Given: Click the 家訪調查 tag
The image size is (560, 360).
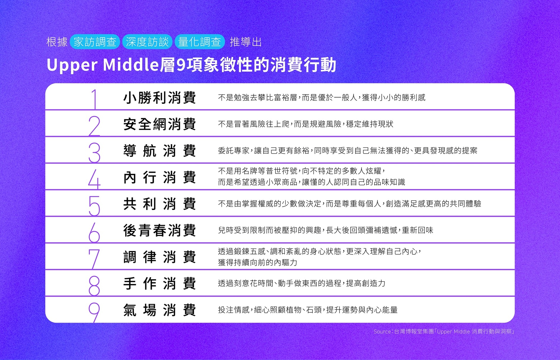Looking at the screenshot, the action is pos(95,42).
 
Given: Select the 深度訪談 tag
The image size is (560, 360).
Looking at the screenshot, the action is pos(147,42).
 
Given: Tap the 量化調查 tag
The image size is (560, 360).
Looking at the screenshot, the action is pos(200,42).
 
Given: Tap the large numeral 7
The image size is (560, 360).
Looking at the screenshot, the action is pos(94,259).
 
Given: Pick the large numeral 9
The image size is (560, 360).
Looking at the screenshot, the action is pos(94,312).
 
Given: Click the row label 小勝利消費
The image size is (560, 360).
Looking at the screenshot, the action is pos(159,97).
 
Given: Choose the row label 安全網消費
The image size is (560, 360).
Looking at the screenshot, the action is pos(159,124).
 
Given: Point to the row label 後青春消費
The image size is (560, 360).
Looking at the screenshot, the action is pos(159,230).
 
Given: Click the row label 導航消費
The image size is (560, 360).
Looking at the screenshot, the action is pos(159,151).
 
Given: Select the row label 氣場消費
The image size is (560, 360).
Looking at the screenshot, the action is pos(159,310).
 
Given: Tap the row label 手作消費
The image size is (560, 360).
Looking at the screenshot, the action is pos(159,283).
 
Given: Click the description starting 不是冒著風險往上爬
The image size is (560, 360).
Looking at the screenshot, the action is pos(306,124).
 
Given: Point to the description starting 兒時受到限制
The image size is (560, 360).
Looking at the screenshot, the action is pos(326,230).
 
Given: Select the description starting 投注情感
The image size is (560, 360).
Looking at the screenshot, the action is pos(308,310).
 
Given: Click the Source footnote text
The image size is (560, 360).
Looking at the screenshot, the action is pos(444,332).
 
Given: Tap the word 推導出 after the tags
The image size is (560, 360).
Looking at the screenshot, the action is pos(246,42).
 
